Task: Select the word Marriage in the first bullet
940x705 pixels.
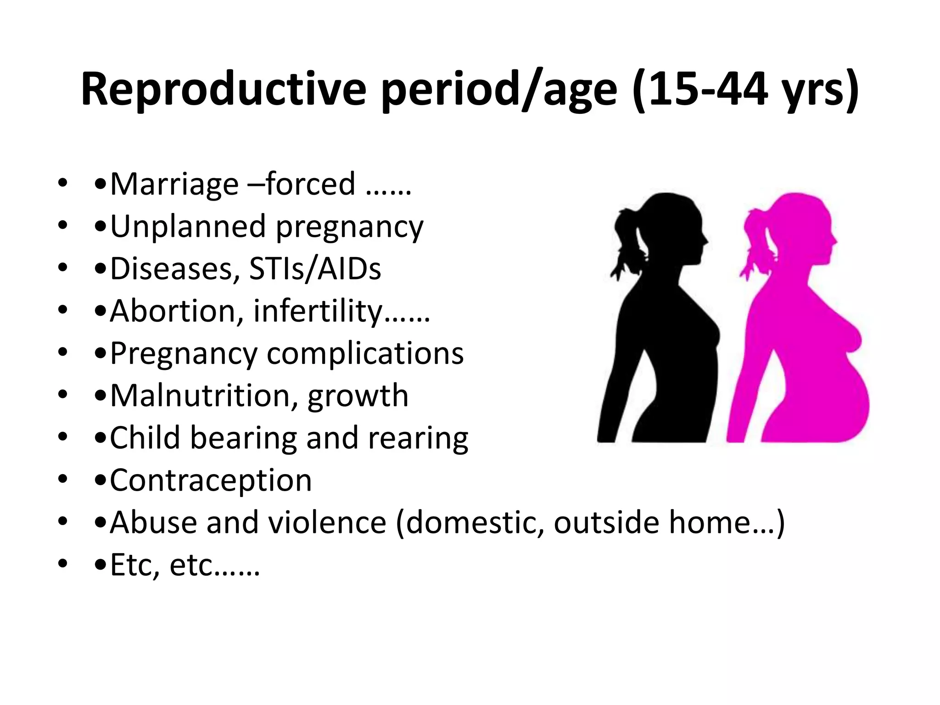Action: point(174,184)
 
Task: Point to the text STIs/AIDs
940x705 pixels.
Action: point(315,269)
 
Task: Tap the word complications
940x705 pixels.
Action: point(365,353)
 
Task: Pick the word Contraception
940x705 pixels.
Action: point(211,480)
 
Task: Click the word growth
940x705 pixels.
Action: point(358,395)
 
